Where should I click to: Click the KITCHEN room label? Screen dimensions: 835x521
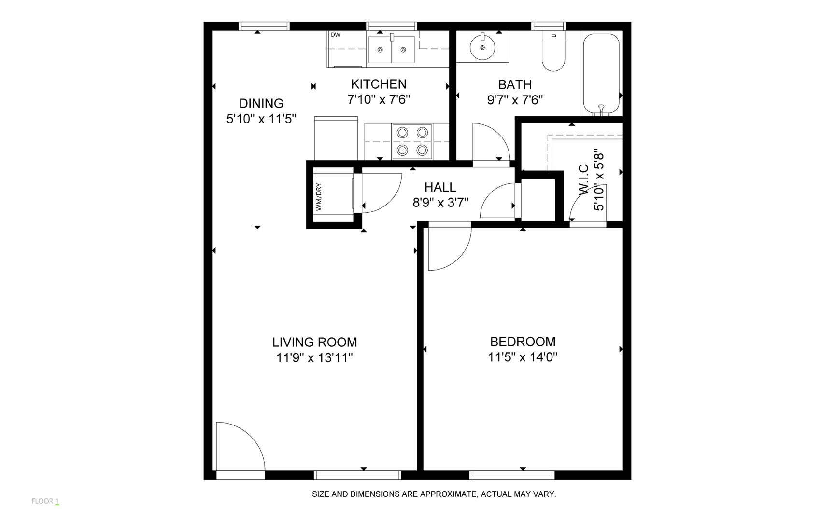pos(379,84)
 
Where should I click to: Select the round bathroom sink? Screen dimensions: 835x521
pos(482,47)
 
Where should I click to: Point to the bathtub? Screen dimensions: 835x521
pos(601,74)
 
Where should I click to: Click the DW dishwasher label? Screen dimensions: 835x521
pos(335,35)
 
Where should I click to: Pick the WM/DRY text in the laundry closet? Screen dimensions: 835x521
pos(319,197)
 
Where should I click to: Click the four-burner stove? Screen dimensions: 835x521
pos(412,141)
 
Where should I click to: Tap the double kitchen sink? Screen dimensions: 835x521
pos(392,49)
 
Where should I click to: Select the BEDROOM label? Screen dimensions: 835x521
pos(523,342)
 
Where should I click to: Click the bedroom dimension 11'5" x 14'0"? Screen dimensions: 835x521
pos(523,357)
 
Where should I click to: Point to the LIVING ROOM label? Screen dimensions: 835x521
pos(314,342)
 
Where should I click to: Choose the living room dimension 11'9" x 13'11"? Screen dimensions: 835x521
pos(314,358)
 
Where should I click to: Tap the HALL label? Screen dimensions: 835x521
pos(440,187)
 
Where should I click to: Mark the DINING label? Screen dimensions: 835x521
pos(261,103)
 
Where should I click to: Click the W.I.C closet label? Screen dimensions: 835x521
pos(583,179)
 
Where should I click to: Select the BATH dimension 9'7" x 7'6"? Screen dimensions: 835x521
pos(515,100)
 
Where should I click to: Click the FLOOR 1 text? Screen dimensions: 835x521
pos(45,501)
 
